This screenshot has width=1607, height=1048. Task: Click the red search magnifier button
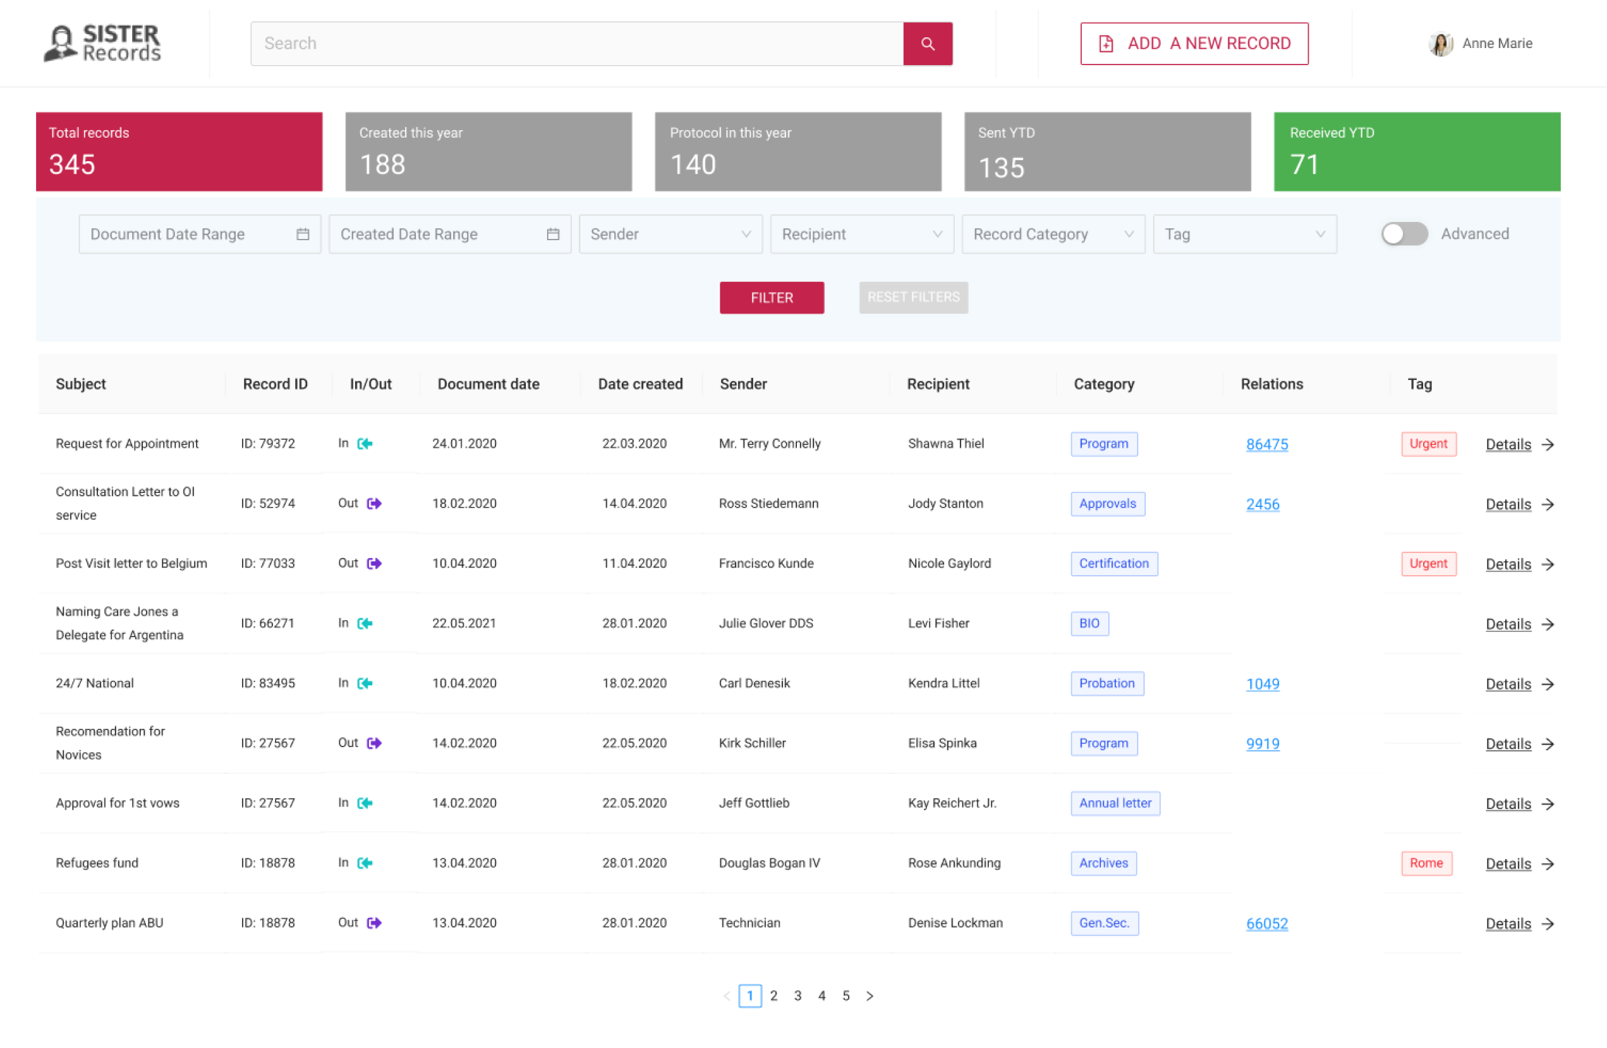[928, 44]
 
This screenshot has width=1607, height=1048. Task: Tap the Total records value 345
[72, 164]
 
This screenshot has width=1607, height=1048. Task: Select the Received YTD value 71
[1304, 164]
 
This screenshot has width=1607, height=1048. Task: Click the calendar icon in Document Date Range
[303, 235]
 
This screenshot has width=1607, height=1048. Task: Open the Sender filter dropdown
[670, 235]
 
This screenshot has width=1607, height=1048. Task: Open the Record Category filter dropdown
[1053, 235]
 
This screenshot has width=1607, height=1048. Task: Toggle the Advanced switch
[1404, 235]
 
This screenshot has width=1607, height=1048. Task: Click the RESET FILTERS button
[913, 297]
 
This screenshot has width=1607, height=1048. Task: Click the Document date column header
[488, 384]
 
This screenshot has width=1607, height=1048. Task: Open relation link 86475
[1266, 444]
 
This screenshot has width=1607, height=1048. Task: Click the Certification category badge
[1113, 564]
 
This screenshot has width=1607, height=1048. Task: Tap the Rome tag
[1426, 863]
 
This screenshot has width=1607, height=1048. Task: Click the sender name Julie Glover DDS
[766, 623]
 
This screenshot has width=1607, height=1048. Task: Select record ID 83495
[268, 683]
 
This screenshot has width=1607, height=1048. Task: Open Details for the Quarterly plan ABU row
[1519, 923]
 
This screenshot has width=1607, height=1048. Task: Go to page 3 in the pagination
[797, 996]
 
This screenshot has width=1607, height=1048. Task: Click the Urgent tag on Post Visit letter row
[1428, 564]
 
